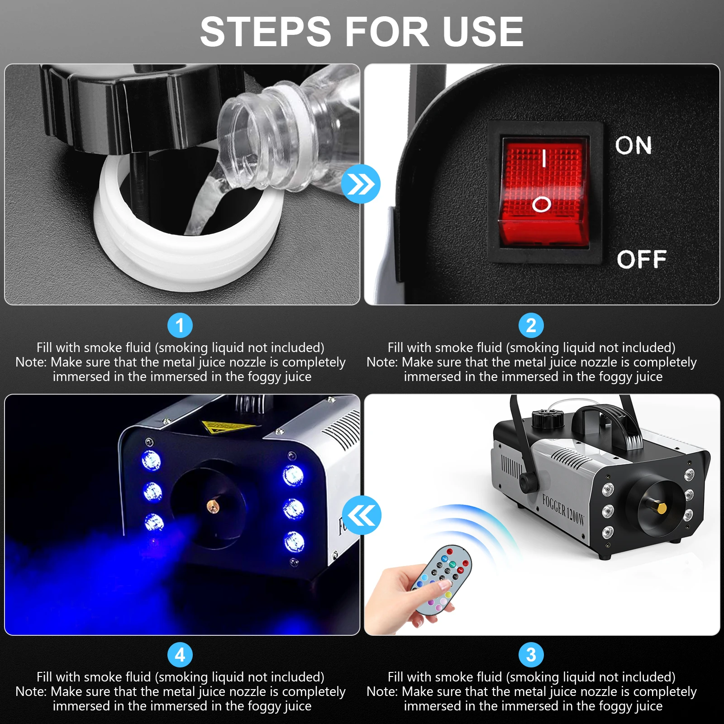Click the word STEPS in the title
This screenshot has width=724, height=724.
click(266, 32)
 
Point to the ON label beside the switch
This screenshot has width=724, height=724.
click(633, 146)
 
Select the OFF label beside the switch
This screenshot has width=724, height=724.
click(641, 260)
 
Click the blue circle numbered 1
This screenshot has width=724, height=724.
click(180, 325)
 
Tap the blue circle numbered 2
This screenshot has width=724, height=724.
click(531, 325)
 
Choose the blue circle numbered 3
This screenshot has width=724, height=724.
click(531, 655)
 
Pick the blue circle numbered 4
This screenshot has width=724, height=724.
click(180, 655)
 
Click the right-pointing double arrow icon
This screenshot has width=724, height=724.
click(361, 184)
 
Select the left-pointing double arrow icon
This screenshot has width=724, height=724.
click(362, 515)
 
